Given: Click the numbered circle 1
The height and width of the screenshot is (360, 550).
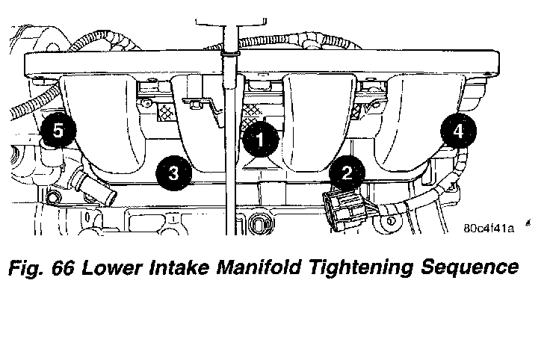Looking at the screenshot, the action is point(260,139).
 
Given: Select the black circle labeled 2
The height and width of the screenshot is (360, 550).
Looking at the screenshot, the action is point(347,173).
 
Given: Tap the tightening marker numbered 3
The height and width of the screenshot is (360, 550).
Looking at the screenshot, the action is point(173,173).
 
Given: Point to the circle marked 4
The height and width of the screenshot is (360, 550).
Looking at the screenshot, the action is point(458,131).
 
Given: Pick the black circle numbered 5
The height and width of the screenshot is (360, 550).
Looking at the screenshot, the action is point(58,131).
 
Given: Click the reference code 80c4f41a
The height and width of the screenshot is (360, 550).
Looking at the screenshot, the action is point(489,229).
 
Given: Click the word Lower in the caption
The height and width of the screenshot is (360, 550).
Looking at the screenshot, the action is point(112,267).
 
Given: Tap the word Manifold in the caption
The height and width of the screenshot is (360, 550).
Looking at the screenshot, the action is point(259,267).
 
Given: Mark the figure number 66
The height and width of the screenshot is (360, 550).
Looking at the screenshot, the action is point(63,268).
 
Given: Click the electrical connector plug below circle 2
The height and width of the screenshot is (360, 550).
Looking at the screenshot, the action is point(342,210).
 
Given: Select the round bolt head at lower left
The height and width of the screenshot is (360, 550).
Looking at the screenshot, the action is point(52,199).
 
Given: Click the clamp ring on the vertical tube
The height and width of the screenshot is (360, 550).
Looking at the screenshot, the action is point(230,54).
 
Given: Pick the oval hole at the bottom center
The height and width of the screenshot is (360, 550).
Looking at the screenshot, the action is point(261,224).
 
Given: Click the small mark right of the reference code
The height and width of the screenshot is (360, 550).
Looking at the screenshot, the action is point(528,223).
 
